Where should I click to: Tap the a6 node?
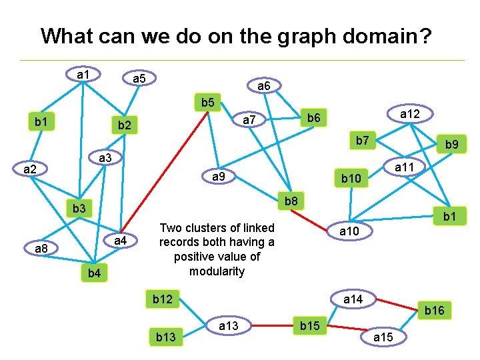click(263, 86)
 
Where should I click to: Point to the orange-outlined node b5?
click(208, 103)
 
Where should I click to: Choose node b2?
click(124, 125)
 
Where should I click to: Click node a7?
click(249, 120)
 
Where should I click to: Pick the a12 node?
click(409, 114)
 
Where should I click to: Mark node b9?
click(451, 144)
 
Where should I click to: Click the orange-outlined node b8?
click(291, 201)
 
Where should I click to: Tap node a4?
click(121, 240)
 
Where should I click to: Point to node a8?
click(41, 249)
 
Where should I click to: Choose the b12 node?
click(163, 299)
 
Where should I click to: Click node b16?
click(435, 311)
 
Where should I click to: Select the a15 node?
click(383, 337)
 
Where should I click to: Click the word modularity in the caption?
click(217, 271)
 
